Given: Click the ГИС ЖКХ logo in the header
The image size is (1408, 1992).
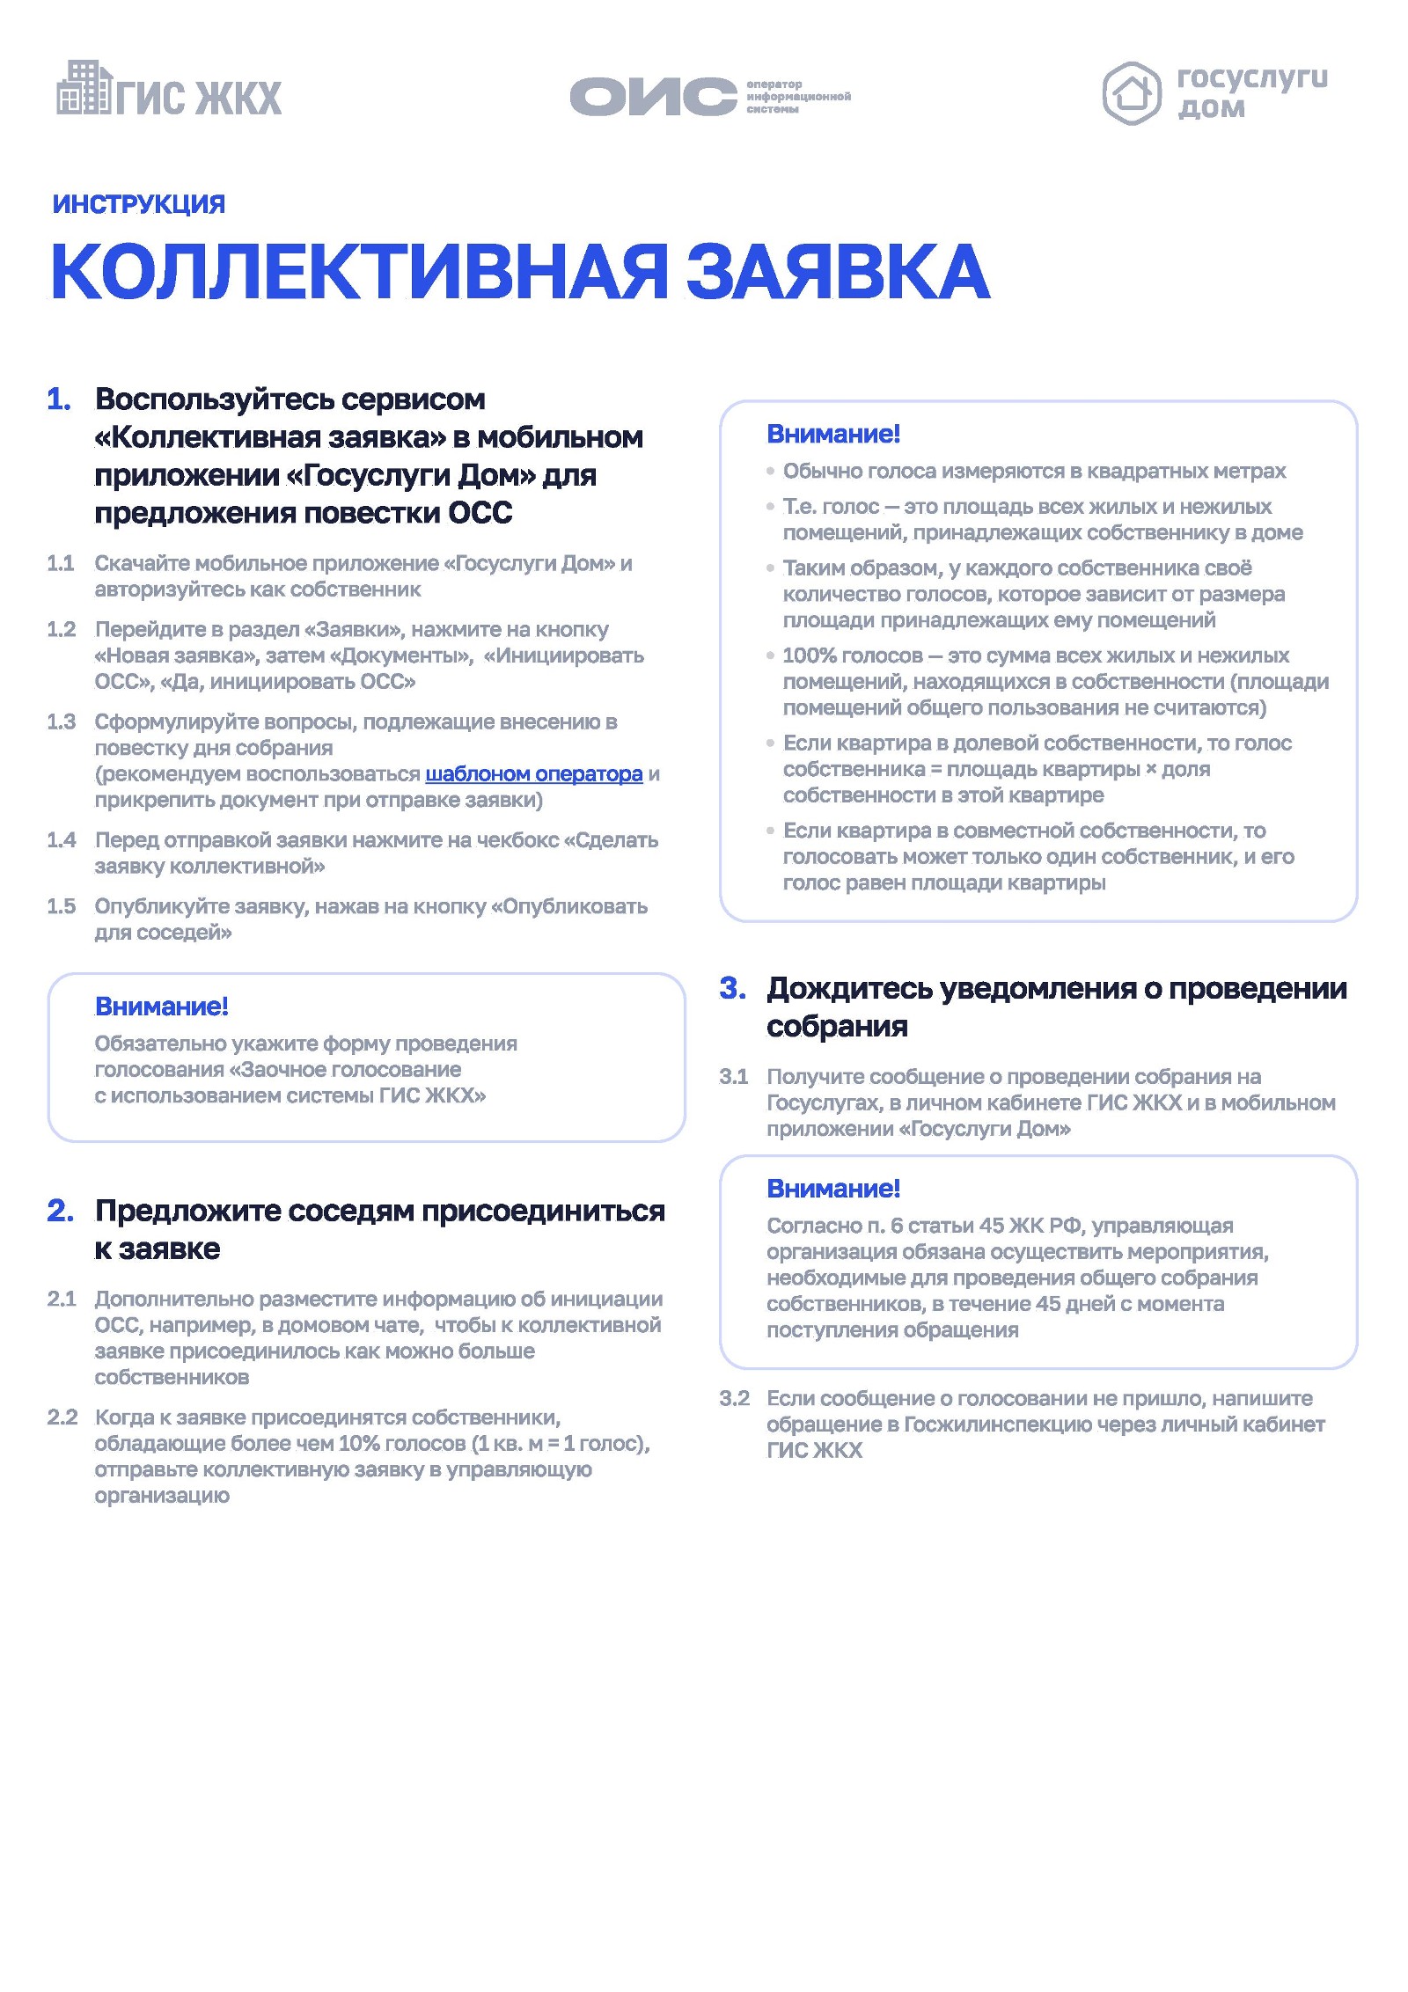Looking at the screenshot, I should coord(169,90).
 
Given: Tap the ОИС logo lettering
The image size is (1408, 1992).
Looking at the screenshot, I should coord(653,96).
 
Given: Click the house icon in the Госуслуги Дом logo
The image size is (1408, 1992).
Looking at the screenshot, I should coord(1131,93).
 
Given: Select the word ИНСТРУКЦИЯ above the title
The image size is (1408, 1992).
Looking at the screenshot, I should coord(139,204).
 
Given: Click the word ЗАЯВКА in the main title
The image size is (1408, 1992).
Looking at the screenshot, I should coord(837,272).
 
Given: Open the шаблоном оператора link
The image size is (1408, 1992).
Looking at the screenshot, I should coord(533,774).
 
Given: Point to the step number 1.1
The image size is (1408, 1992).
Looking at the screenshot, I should coord(61,563).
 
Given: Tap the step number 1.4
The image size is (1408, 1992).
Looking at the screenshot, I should coord(62,840).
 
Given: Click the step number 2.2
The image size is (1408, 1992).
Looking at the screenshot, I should coord(62,1417).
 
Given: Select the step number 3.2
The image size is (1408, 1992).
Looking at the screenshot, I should coord(734,1398).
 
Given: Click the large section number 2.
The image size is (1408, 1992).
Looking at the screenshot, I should coord(60,1211).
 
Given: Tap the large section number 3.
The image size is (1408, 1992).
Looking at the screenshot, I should coord(732,988).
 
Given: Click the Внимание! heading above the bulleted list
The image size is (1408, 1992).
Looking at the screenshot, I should coord(833,434).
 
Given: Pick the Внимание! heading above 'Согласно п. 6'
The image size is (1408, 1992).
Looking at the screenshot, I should coord(833,1189).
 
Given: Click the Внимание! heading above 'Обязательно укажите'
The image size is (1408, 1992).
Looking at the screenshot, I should coord(162,1007).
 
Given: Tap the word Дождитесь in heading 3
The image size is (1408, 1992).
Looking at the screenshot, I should coord(848,988).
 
